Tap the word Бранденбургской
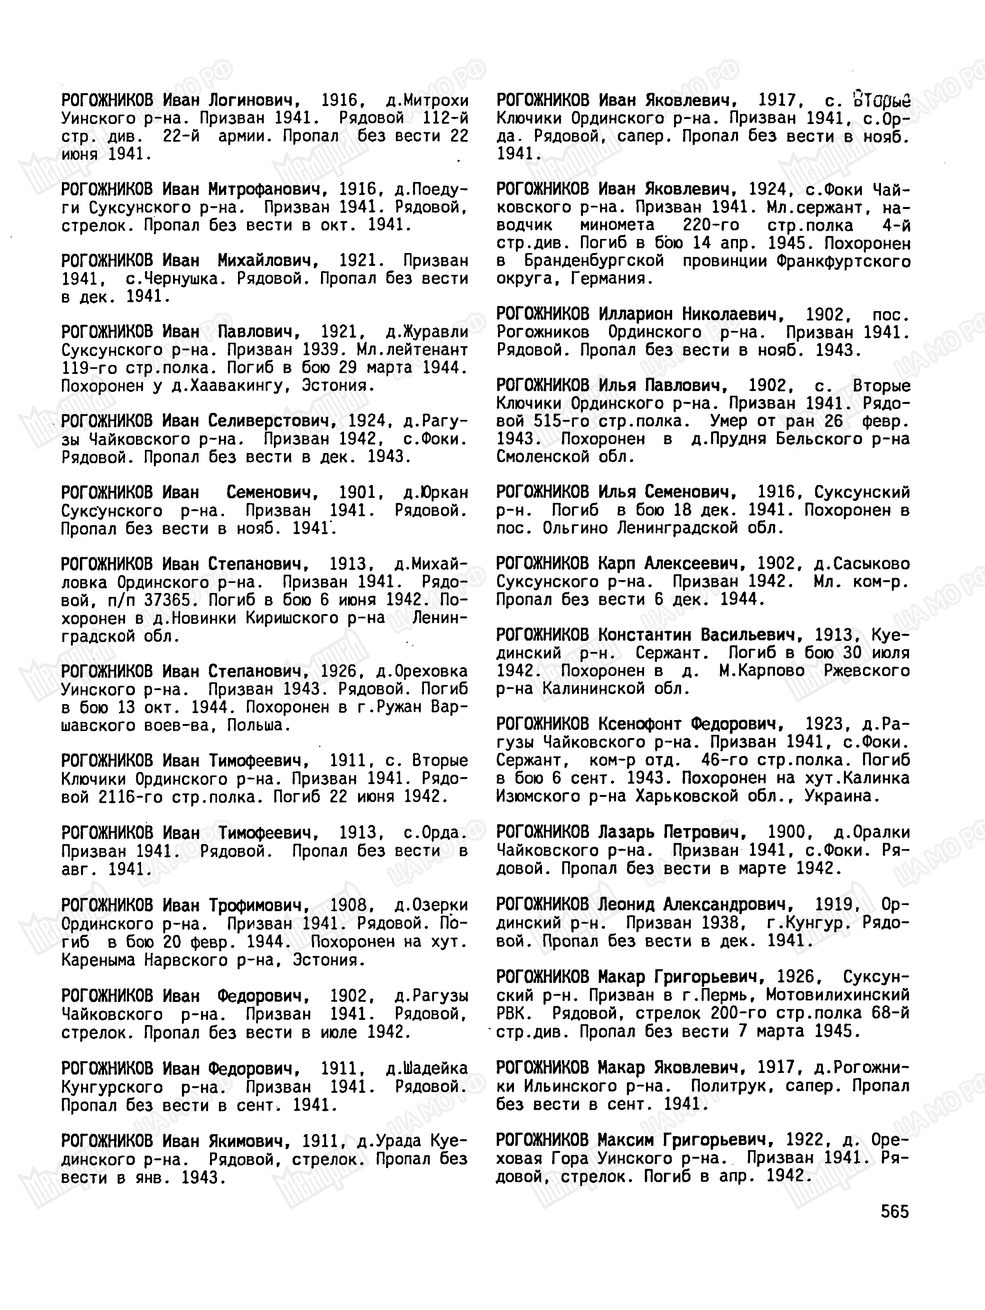(594, 261)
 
